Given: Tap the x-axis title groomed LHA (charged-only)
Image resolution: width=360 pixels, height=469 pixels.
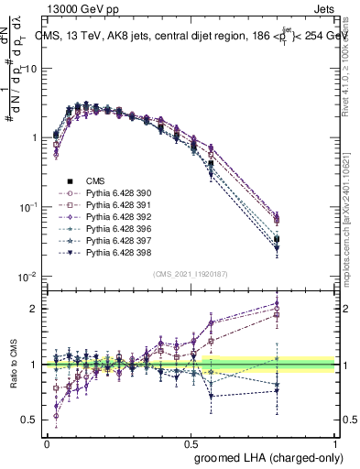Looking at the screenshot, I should click(x=266, y=456).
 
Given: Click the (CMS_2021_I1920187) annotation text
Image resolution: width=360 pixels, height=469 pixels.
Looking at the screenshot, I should click(x=191, y=274).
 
